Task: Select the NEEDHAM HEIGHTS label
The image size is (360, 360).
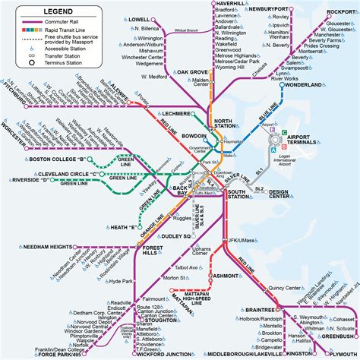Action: pos(43,247)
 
